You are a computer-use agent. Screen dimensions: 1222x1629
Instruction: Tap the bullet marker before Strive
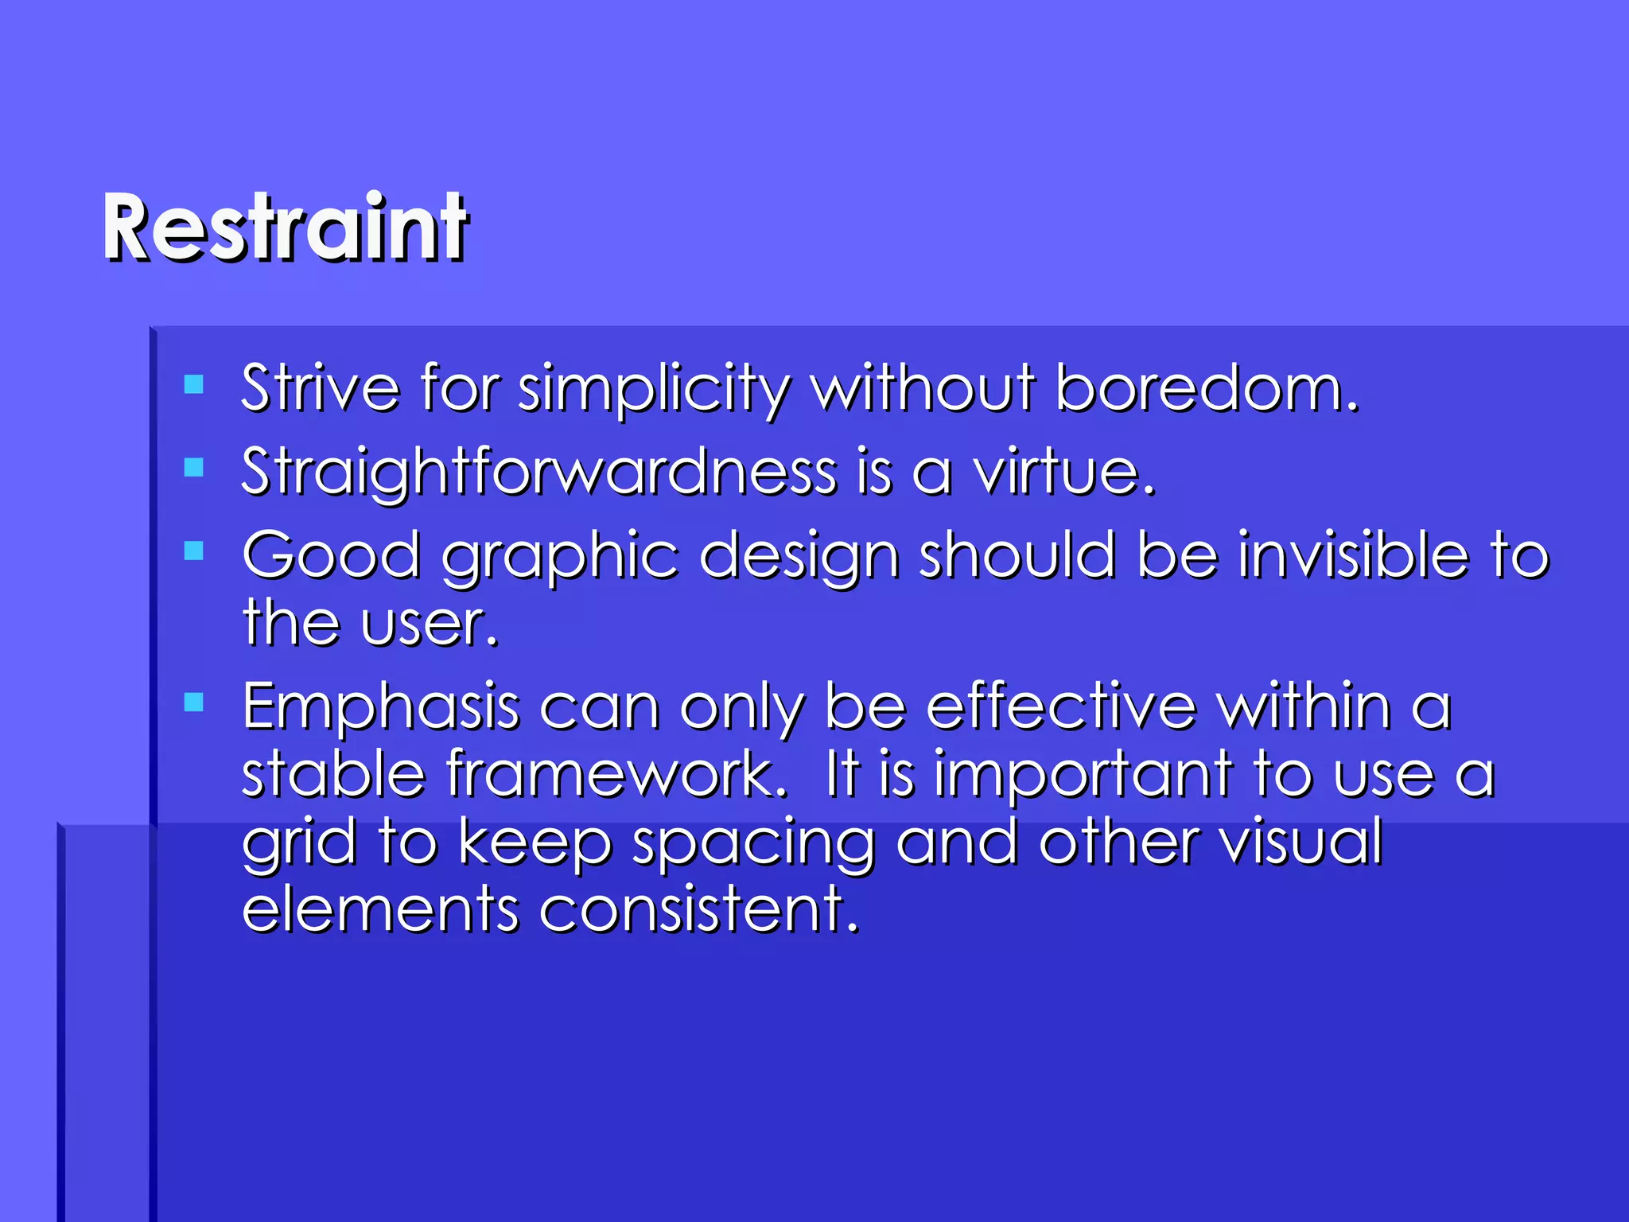click(x=193, y=385)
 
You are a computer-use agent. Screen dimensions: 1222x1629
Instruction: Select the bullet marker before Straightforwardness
click(x=193, y=467)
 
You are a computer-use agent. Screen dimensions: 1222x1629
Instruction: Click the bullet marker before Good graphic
click(x=193, y=551)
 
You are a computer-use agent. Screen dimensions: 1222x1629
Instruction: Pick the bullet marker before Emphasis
click(x=193, y=702)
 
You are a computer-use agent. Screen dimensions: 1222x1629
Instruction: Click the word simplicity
click(x=654, y=390)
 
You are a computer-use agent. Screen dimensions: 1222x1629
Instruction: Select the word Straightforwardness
click(x=538, y=473)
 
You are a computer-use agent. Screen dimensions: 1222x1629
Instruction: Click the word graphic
click(x=560, y=557)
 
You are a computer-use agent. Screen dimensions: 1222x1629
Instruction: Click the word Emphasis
click(x=380, y=708)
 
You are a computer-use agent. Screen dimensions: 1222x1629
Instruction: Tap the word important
click(x=1083, y=776)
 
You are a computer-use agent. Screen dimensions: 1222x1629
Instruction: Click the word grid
click(x=299, y=843)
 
